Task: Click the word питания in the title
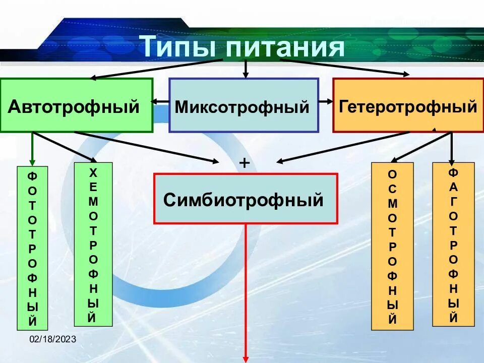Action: (x=285, y=48)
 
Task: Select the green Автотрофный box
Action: (x=76, y=105)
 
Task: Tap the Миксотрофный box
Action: (x=244, y=105)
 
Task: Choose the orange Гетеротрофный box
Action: (x=407, y=105)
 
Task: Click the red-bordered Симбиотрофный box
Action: (x=245, y=199)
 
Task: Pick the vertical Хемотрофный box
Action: (x=93, y=244)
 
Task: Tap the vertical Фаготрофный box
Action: (x=453, y=244)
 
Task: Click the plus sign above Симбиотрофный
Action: (x=245, y=163)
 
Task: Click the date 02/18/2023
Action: (x=52, y=339)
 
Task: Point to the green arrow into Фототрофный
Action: (x=33, y=149)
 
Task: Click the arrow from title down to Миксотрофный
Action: (x=246, y=69)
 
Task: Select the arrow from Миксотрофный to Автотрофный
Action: (x=160, y=101)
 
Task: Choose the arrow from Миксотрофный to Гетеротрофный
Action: (x=326, y=101)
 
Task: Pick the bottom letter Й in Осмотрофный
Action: (x=392, y=319)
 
